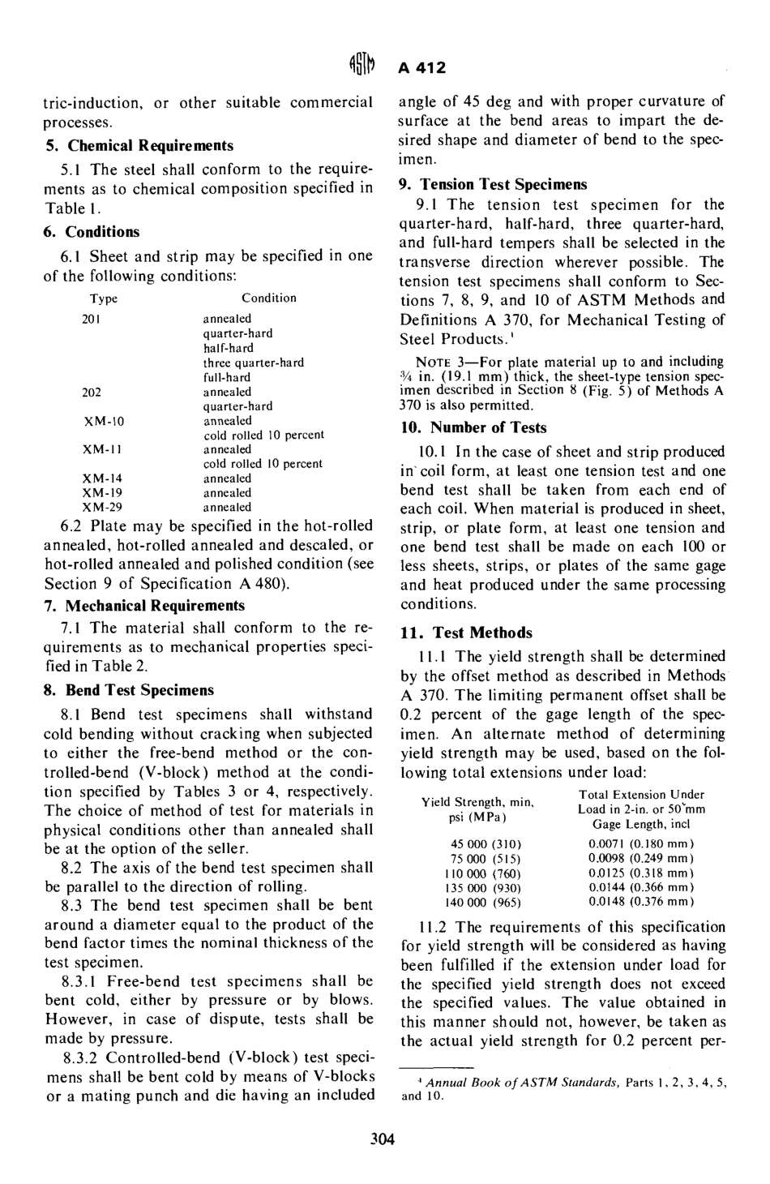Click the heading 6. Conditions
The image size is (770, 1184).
(91, 232)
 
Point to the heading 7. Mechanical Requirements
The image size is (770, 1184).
(143, 605)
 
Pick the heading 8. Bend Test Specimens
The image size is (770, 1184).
(128, 690)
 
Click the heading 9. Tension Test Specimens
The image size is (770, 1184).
(494, 184)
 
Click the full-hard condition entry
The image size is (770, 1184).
(226, 377)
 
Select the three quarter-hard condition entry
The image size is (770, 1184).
(253, 362)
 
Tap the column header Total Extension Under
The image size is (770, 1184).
(641, 795)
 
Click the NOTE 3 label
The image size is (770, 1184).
(438, 361)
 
